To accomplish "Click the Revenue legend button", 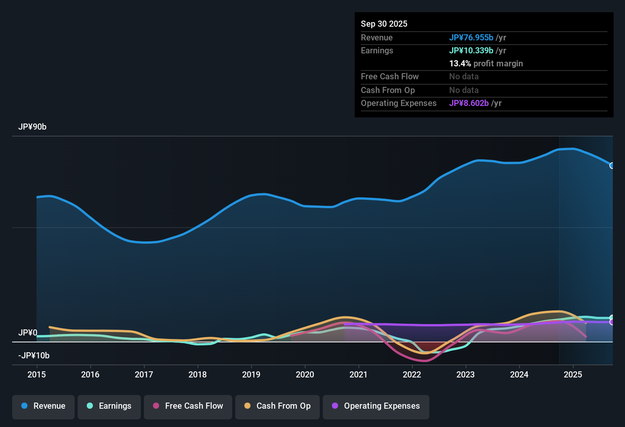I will click(x=43, y=406).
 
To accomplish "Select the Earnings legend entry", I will click(x=109, y=406).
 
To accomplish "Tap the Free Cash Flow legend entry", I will click(x=188, y=406).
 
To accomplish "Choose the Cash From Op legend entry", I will click(x=277, y=406).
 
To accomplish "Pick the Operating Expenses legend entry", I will click(x=376, y=406).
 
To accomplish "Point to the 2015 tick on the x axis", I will click(x=37, y=374).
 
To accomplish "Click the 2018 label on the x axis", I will click(x=198, y=374).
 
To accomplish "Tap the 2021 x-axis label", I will click(x=359, y=374).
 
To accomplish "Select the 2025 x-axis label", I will click(x=573, y=374).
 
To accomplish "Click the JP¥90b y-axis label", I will click(x=32, y=127).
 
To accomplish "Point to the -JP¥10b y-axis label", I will click(x=34, y=356).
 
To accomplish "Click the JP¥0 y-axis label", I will click(x=28, y=333).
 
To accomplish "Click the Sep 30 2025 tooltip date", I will click(x=384, y=24).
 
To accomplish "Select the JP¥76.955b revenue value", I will click(x=471, y=37).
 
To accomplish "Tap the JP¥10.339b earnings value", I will click(x=471, y=50).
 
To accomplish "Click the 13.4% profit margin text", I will click(x=486, y=63).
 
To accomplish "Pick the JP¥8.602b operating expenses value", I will click(x=469, y=103).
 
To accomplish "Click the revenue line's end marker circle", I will click(x=612, y=165).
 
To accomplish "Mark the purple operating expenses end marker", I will click(x=612, y=322).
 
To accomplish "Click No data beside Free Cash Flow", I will click(x=464, y=76).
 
